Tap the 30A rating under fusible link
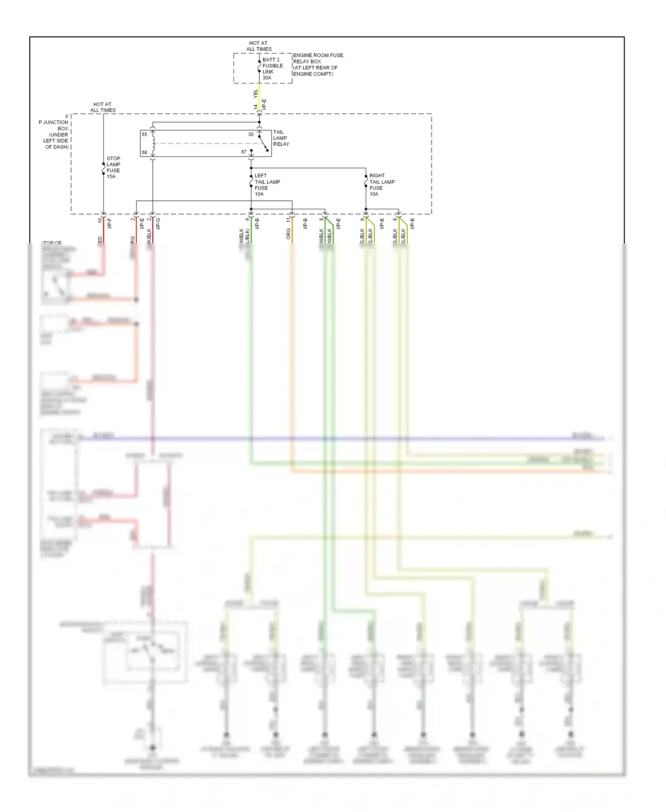pyautogui.click(x=267, y=78)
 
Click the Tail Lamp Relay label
pyautogui.click(x=281, y=138)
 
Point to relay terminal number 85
pyautogui.click(x=144, y=134)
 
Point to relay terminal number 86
pyautogui.click(x=144, y=152)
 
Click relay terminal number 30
pyautogui.click(x=251, y=134)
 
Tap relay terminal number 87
pyautogui.click(x=244, y=152)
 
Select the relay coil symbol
pyautogui.click(x=153, y=143)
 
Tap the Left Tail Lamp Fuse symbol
pyautogui.click(x=251, y=181)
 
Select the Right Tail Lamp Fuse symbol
pyautogui.click(x=366, y=181)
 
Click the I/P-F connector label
pyautogui.click(x=110, y=223)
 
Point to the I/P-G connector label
pyautogui.click(x=158, y=223)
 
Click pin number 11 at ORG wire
pyautogui.click(x=288, y=219)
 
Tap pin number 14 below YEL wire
pyautogui.click(x=255, y=107)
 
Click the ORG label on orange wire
pyautogui.click(x=288, y=234)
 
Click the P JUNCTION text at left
pyautogui.click(x=53, y=122)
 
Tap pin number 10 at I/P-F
pyautogui.click(x=100, y=219)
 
